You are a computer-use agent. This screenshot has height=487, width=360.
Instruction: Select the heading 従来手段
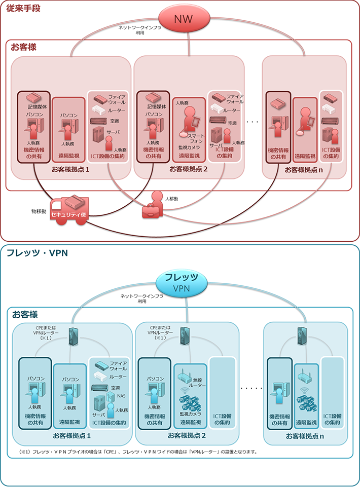[x=21, y=8]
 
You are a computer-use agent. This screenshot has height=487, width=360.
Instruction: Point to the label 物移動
[x=39, y=210]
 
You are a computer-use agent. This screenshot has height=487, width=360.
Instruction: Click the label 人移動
[x=171, y=199]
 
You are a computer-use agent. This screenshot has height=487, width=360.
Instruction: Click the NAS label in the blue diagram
[x=121, y=396]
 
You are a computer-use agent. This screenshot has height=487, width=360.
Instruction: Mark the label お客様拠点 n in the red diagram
[x=304, y=169]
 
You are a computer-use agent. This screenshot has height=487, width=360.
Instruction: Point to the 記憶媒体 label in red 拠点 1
[x=35, y=107]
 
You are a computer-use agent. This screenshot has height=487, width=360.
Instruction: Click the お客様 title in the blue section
[x=24, y=315]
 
